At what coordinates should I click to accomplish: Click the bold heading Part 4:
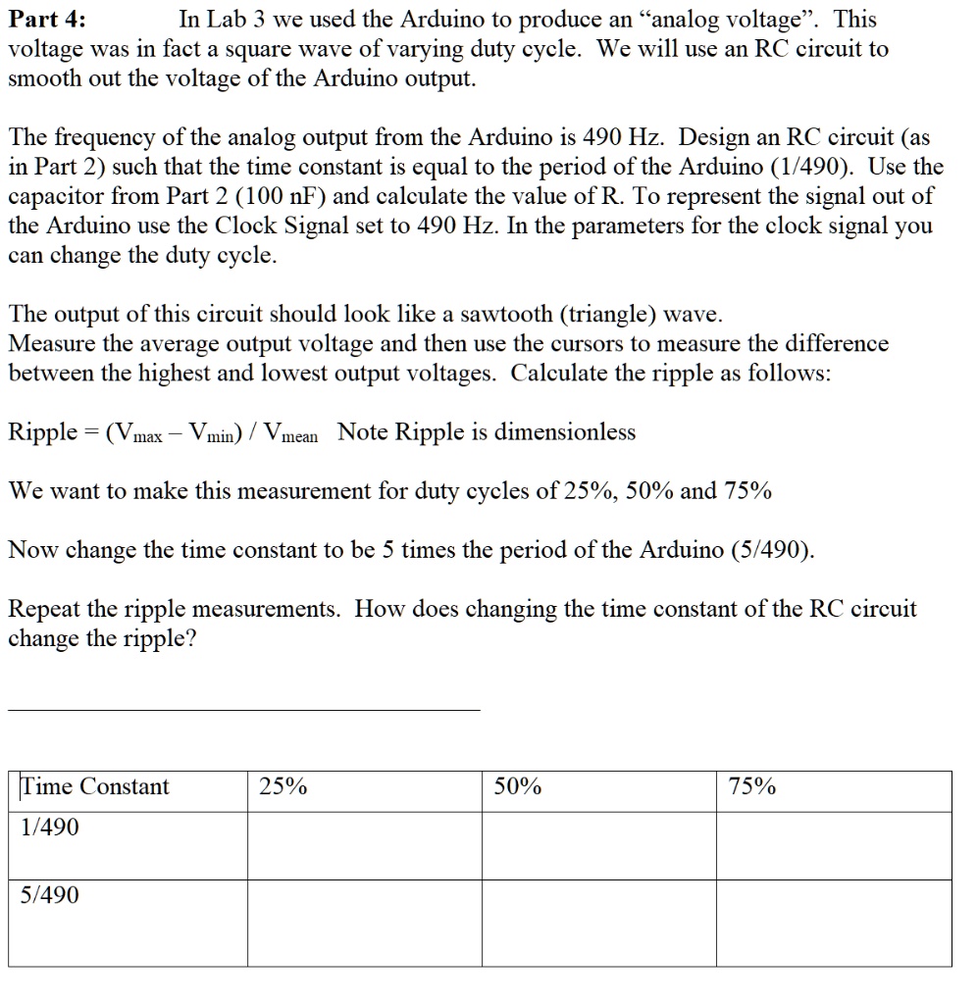(x=47, y=20)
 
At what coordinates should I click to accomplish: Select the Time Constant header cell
(x=95, y=787)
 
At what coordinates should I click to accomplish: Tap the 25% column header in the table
(x=283, y=787)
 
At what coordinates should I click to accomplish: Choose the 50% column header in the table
(x=517, y=787)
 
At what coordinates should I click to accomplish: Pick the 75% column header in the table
(x=752, y=787)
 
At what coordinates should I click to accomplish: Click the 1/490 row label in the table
(x=50, y=828)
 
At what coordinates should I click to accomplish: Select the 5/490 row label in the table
(x=50, y=895)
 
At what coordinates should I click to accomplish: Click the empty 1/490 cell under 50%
(x=598, y=845)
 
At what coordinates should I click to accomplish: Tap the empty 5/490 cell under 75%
(x=834, y=923)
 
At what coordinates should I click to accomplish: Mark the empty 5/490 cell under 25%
(x=364, y=923)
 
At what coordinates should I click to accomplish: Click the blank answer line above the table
(x=244, y=708)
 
